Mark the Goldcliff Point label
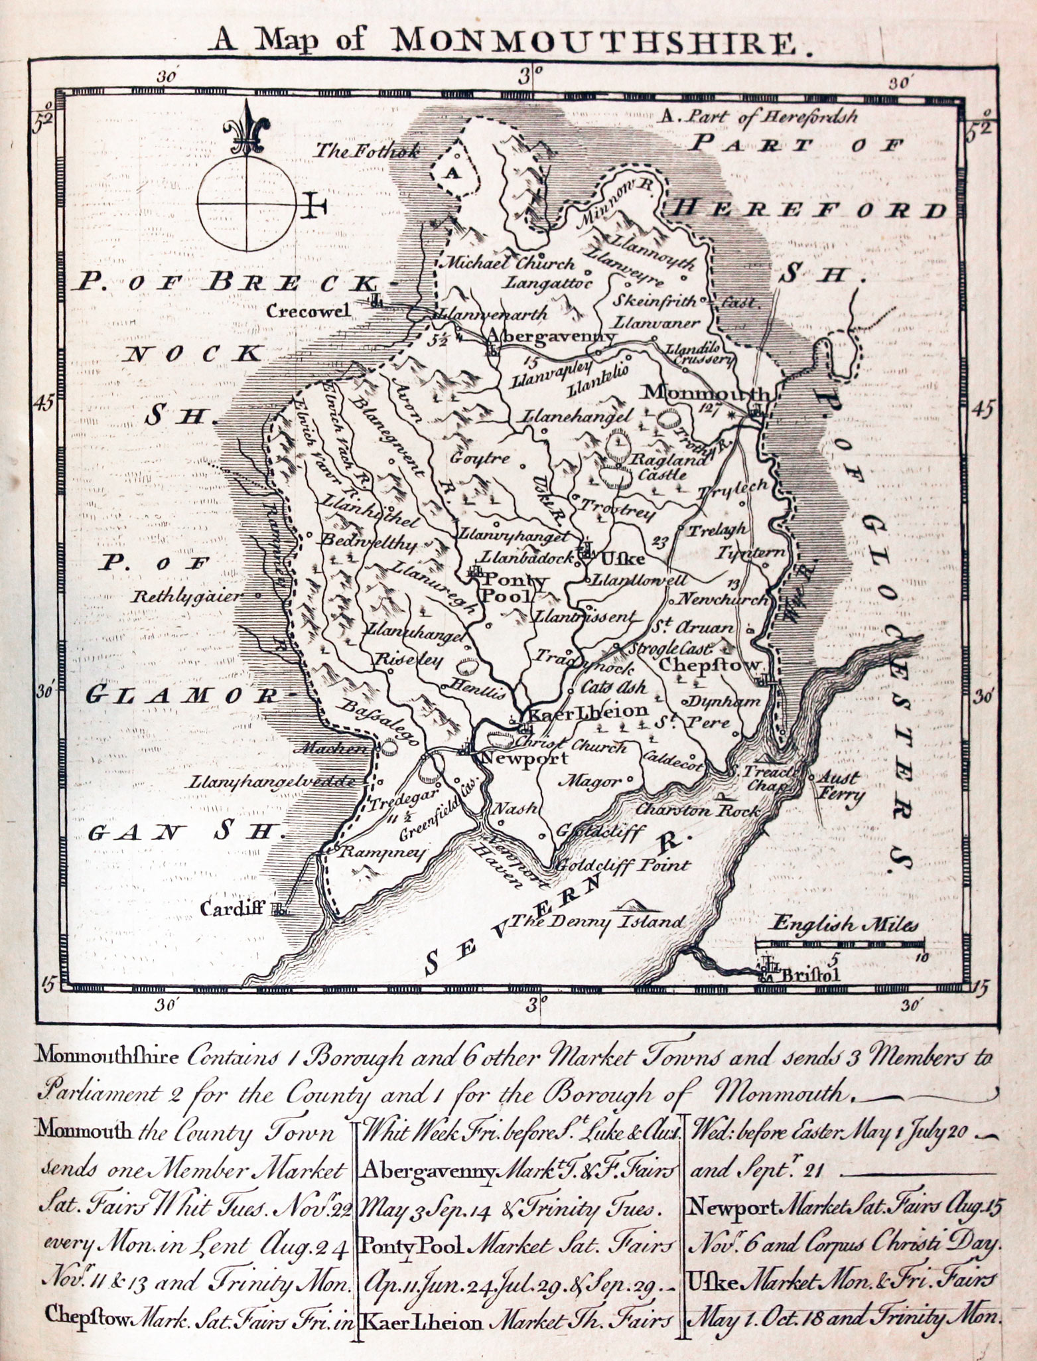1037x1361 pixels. click(x=623, y=865)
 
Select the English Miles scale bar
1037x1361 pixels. click(x=840, y=943)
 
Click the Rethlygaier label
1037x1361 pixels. click(x=188, y=595)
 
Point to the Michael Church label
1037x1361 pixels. click(x=510, y=263)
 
